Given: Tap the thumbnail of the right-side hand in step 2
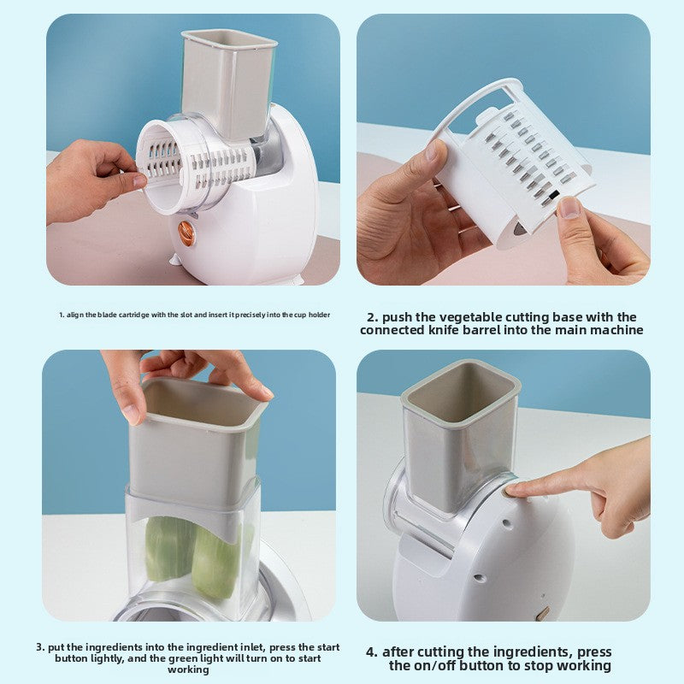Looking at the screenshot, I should [x=569, y=207].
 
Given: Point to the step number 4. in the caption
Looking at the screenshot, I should [x=372, y=652].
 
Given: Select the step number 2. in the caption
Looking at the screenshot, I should [x=372, y=317].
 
